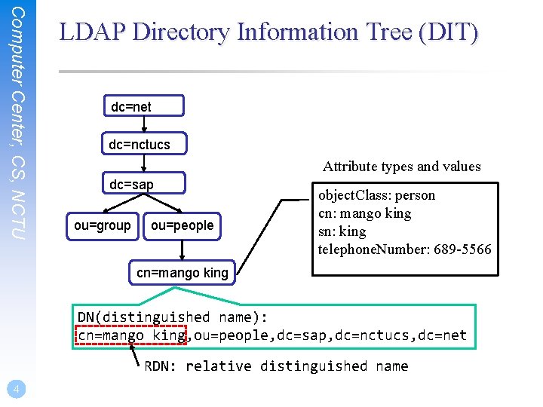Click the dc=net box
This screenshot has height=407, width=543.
click(x=141, y=107)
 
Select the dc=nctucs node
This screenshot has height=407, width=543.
click(x=141, y=144)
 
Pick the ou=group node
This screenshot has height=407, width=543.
click(x=103, y=225)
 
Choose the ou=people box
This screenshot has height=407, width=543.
click(x=182, y=225)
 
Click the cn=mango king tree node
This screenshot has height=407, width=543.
click(x=182, y=273)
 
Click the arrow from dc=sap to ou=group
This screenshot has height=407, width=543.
click(x=115, y=204)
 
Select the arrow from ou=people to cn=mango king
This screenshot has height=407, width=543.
click(x=182, y=249)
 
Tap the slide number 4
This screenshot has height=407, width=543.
click(x=17, y=389)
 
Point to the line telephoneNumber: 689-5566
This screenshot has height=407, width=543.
click(x=404, y=249)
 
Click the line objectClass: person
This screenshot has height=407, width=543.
click(x=376, y=195)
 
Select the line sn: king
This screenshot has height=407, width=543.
click(x=342, y=231)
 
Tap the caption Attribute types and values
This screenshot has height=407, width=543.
click(x=401, y=167)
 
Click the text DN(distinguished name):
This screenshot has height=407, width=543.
click(x=173, y=317)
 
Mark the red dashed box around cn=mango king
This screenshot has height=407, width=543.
click(x=131, y=335)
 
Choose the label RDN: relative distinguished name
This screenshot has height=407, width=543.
click(x=276, y=366)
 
